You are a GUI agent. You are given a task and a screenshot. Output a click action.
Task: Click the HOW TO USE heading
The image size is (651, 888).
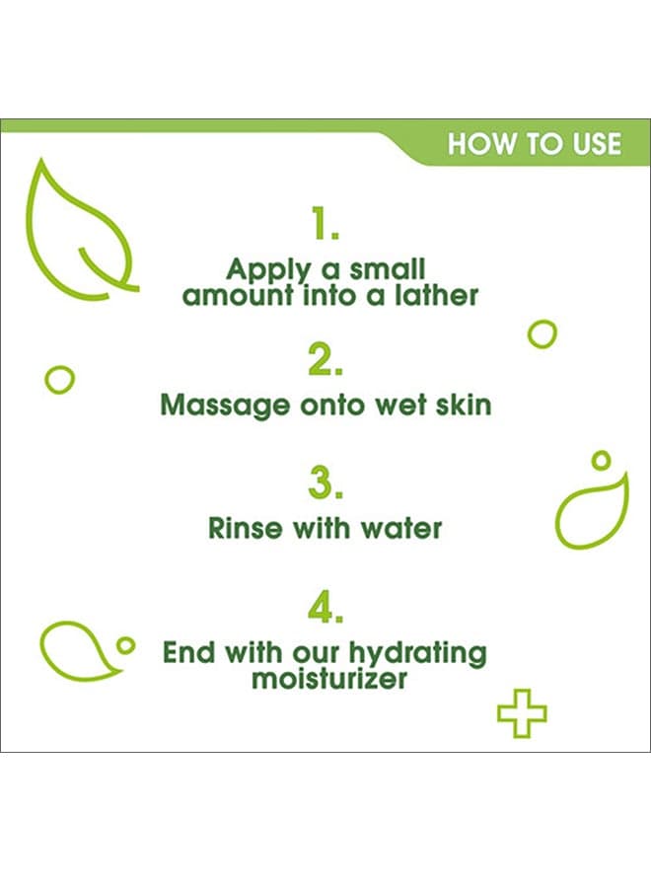(x=534, y=144)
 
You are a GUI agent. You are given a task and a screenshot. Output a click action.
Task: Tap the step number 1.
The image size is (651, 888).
(x=325, y=223)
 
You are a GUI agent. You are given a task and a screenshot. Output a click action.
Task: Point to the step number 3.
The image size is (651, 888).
(x=325, y=483)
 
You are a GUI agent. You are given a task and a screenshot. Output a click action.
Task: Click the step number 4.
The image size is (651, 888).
(x=325, y=608)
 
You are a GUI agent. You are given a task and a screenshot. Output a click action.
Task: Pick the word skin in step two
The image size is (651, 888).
(x=463, y=405)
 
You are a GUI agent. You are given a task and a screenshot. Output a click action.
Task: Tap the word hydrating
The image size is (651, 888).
(x=417, y=653)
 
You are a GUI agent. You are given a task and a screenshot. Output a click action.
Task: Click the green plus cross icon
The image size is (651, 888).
(x=522, y=713)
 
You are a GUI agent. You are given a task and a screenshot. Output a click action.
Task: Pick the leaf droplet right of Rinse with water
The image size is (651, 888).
(x=557, y=515)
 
